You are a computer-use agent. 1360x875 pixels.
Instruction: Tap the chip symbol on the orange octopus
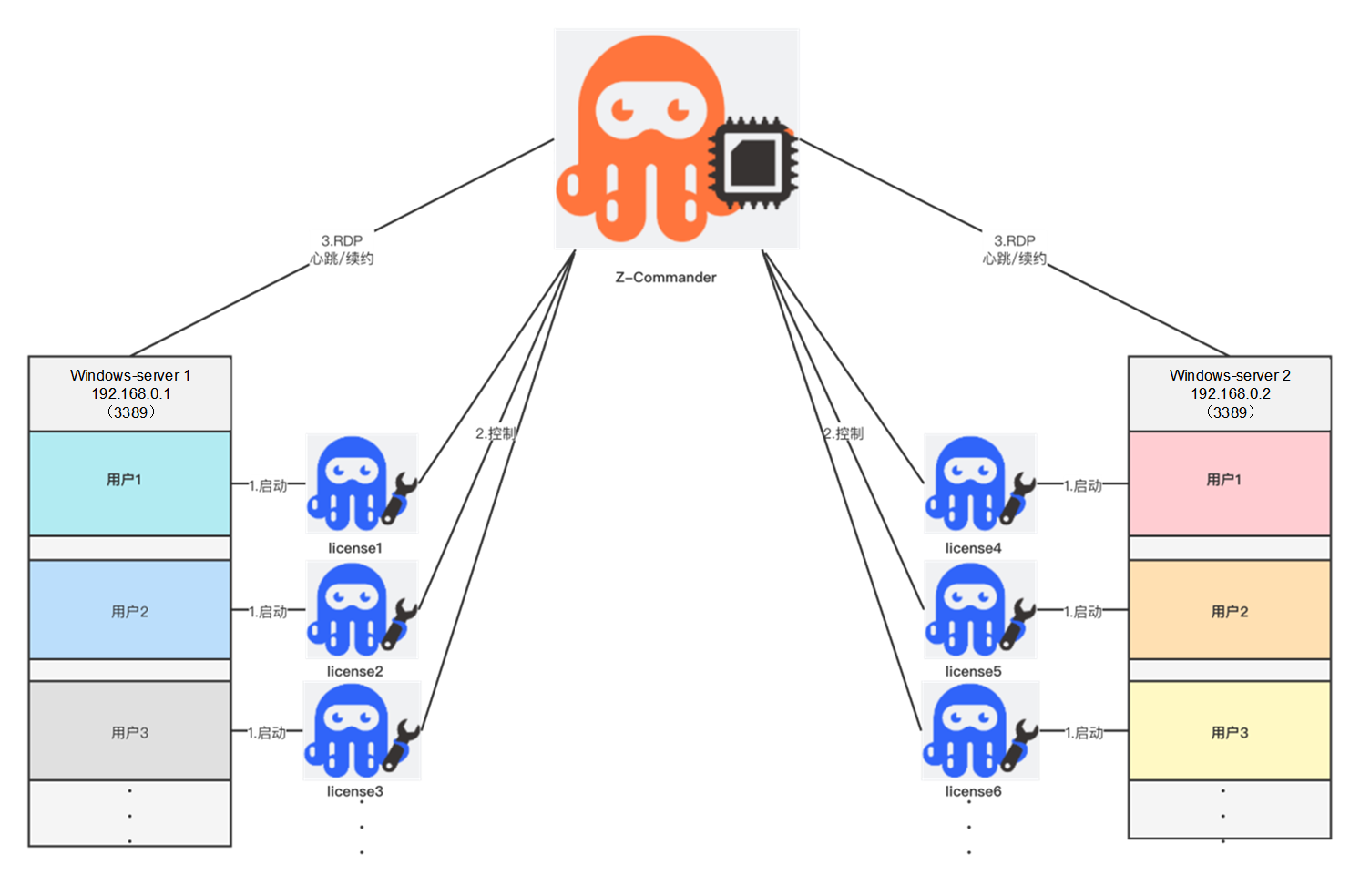(x=753, y=162)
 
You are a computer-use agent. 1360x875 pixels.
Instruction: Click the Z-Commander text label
(x=666, y=278)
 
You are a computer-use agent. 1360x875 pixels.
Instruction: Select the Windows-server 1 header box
(x=130, y=393)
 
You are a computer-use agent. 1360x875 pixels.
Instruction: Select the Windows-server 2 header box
(x=1230, y=393)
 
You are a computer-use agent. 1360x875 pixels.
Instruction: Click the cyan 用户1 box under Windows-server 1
(x=129, y=483)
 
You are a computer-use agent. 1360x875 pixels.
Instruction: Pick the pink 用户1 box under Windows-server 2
(x=1229, y=483)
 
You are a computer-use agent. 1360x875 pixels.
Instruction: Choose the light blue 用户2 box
(x=129, y=610)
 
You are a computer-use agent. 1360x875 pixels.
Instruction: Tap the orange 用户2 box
(x=1229, y=610)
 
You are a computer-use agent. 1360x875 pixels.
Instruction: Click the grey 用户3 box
(x=129, y=731)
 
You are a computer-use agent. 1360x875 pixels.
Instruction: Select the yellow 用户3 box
(x=1229, y=731)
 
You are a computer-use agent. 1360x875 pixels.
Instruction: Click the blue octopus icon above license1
(x=351, y=483)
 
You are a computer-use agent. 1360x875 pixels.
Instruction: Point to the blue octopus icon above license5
(x=969, y=608)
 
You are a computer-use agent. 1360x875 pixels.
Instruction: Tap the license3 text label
(x=355, y=791)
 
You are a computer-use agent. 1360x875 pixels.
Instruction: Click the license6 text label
(x=973, y=791)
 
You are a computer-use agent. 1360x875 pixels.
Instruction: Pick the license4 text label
(x=973, y=548)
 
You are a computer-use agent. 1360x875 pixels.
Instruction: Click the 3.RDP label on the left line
(x=342, y=241)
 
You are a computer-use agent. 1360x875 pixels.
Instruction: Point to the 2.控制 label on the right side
(x=844, y=433)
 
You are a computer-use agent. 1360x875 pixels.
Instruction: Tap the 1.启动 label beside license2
(x=268, y=612)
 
